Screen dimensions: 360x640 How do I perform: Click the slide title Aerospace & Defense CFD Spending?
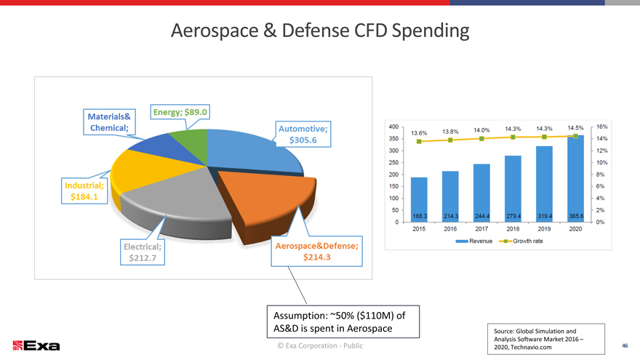[x=320, y=31]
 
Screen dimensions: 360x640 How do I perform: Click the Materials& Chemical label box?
[x=109, y=122]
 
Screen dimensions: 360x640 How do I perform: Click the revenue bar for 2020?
[x=575, y=178]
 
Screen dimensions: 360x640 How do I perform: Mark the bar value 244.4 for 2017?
[x=481, y=217]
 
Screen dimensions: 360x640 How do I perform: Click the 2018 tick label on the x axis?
[x=513, y=229]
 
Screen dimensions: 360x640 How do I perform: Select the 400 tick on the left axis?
[x=393, y=126]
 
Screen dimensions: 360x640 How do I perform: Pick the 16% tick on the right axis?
[x=601, y=126]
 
